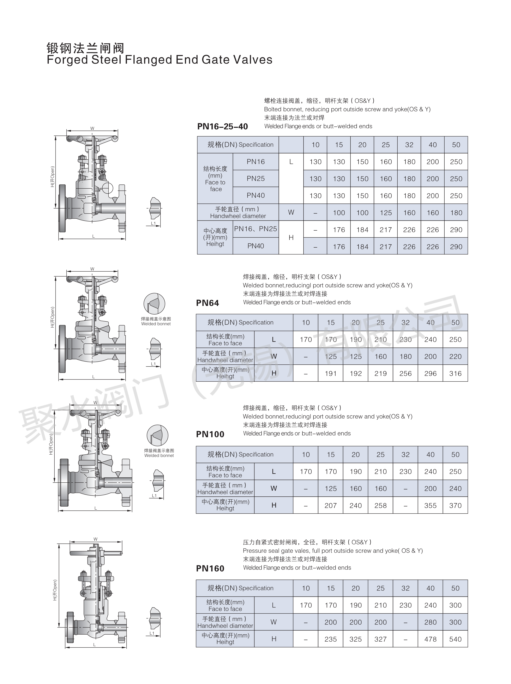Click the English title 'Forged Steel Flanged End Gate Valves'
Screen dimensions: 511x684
[x=159, y=60]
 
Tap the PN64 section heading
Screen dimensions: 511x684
[x=208, y=303]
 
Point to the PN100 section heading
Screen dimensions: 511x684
[x=210, y=434]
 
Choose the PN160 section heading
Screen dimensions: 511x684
[x=210, y=568]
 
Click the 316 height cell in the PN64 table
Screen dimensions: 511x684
[x=455, y=374]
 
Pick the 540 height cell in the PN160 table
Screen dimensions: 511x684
[x=455, y=639]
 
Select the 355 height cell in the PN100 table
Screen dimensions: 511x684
[x=430, y=506]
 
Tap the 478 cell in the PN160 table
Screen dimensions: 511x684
[x=430, y=639]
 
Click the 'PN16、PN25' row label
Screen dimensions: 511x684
[x=255, y=229]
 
